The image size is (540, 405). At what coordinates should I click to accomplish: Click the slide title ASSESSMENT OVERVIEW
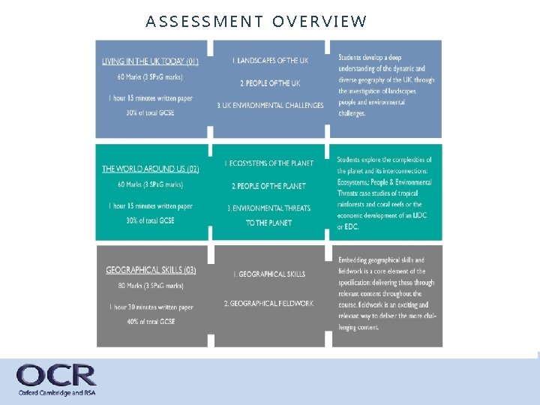pos(256,21)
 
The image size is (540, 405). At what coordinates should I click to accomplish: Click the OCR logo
pos(56,375)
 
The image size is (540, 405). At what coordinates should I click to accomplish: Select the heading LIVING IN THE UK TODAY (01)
pos(150,61)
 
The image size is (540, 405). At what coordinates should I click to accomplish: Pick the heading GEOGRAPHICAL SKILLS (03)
pos(151,270)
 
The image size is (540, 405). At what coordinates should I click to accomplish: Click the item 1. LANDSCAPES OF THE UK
pos(270,60)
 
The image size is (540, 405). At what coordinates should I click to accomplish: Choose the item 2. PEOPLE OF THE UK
pos(270,82)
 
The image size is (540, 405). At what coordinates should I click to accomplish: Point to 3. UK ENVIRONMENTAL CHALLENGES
pos(270,106)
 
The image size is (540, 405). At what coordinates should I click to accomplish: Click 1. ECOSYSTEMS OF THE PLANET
pos(270,163)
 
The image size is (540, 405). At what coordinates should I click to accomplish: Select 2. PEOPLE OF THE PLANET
pos(269,185)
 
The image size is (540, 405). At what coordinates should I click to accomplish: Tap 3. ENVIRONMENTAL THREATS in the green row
pos(270,208)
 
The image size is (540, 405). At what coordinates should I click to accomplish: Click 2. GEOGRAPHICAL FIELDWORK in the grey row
pos(268,303)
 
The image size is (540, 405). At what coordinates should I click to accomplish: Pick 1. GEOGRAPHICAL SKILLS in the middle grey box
pos(268,274)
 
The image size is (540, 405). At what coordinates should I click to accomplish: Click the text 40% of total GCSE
pos(151,322)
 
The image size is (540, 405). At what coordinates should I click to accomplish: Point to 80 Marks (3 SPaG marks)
pos(150,285)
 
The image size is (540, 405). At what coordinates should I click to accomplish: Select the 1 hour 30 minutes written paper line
pos(150,307)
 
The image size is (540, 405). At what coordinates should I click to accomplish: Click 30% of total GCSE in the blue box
pos(150,113)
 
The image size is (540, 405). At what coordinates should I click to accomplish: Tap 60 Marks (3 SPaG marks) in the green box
pos(150,184)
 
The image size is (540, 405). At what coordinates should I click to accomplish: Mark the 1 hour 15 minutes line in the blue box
pos(150,98)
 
